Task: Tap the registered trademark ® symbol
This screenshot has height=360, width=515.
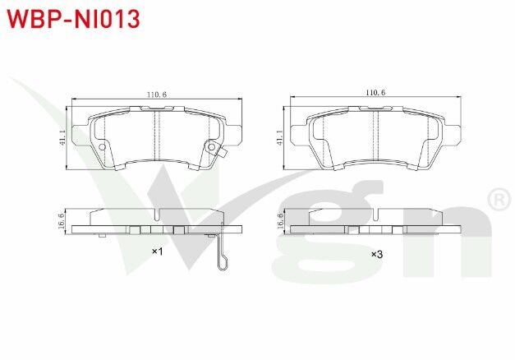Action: (x=498, y=199)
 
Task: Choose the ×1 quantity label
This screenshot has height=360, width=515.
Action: (x=157, y=252)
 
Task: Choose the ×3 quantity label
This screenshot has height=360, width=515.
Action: (x=376, y=253)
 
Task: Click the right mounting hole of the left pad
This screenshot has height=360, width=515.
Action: (x=211, y=149)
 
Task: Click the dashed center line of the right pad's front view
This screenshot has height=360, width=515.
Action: (x=375, y=136)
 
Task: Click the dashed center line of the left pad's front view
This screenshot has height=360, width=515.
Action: (x=156, y=136)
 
